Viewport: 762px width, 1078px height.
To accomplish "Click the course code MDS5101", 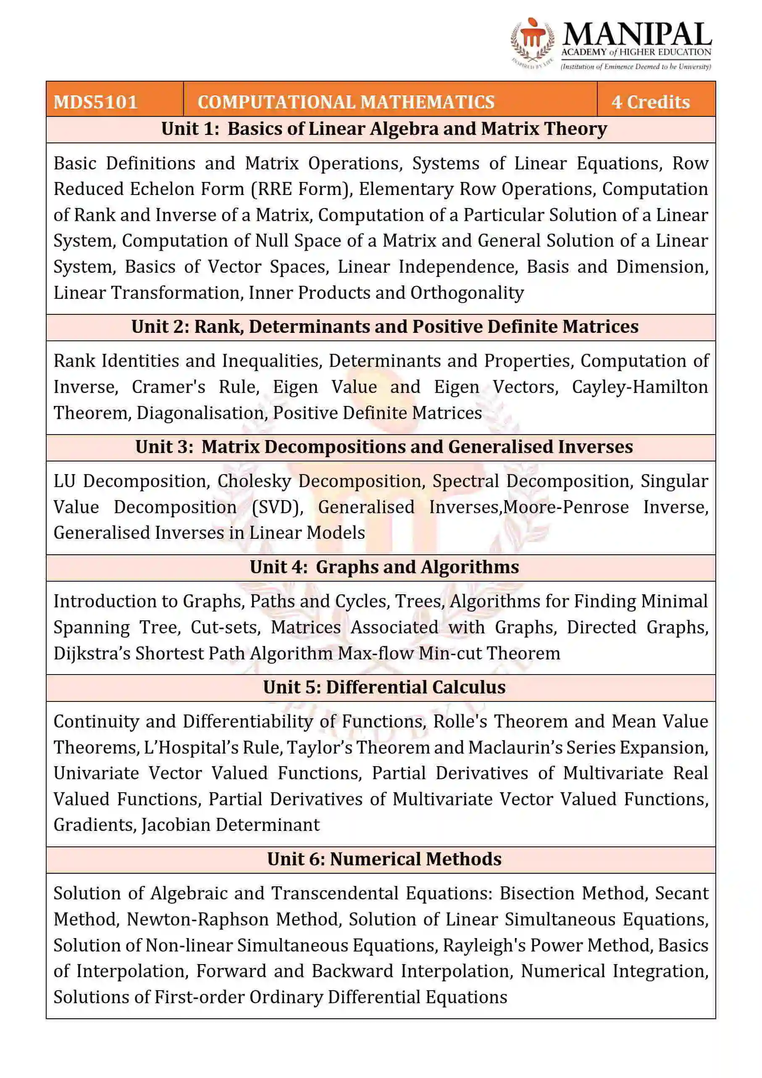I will [96, 102].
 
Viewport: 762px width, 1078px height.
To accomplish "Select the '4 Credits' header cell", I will [650, 102].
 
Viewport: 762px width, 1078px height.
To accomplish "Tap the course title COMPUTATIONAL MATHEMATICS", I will [346, 102].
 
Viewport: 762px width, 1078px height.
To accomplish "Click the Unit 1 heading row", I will [384, 129].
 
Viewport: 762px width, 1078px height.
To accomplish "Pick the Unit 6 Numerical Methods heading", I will [384, 859].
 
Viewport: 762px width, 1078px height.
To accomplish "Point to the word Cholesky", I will [254, 481].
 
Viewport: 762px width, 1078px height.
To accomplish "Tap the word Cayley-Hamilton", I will [639, 387].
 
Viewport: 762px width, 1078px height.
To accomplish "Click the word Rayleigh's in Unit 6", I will [484, 945].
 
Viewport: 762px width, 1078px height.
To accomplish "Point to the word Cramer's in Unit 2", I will [168, 387].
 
